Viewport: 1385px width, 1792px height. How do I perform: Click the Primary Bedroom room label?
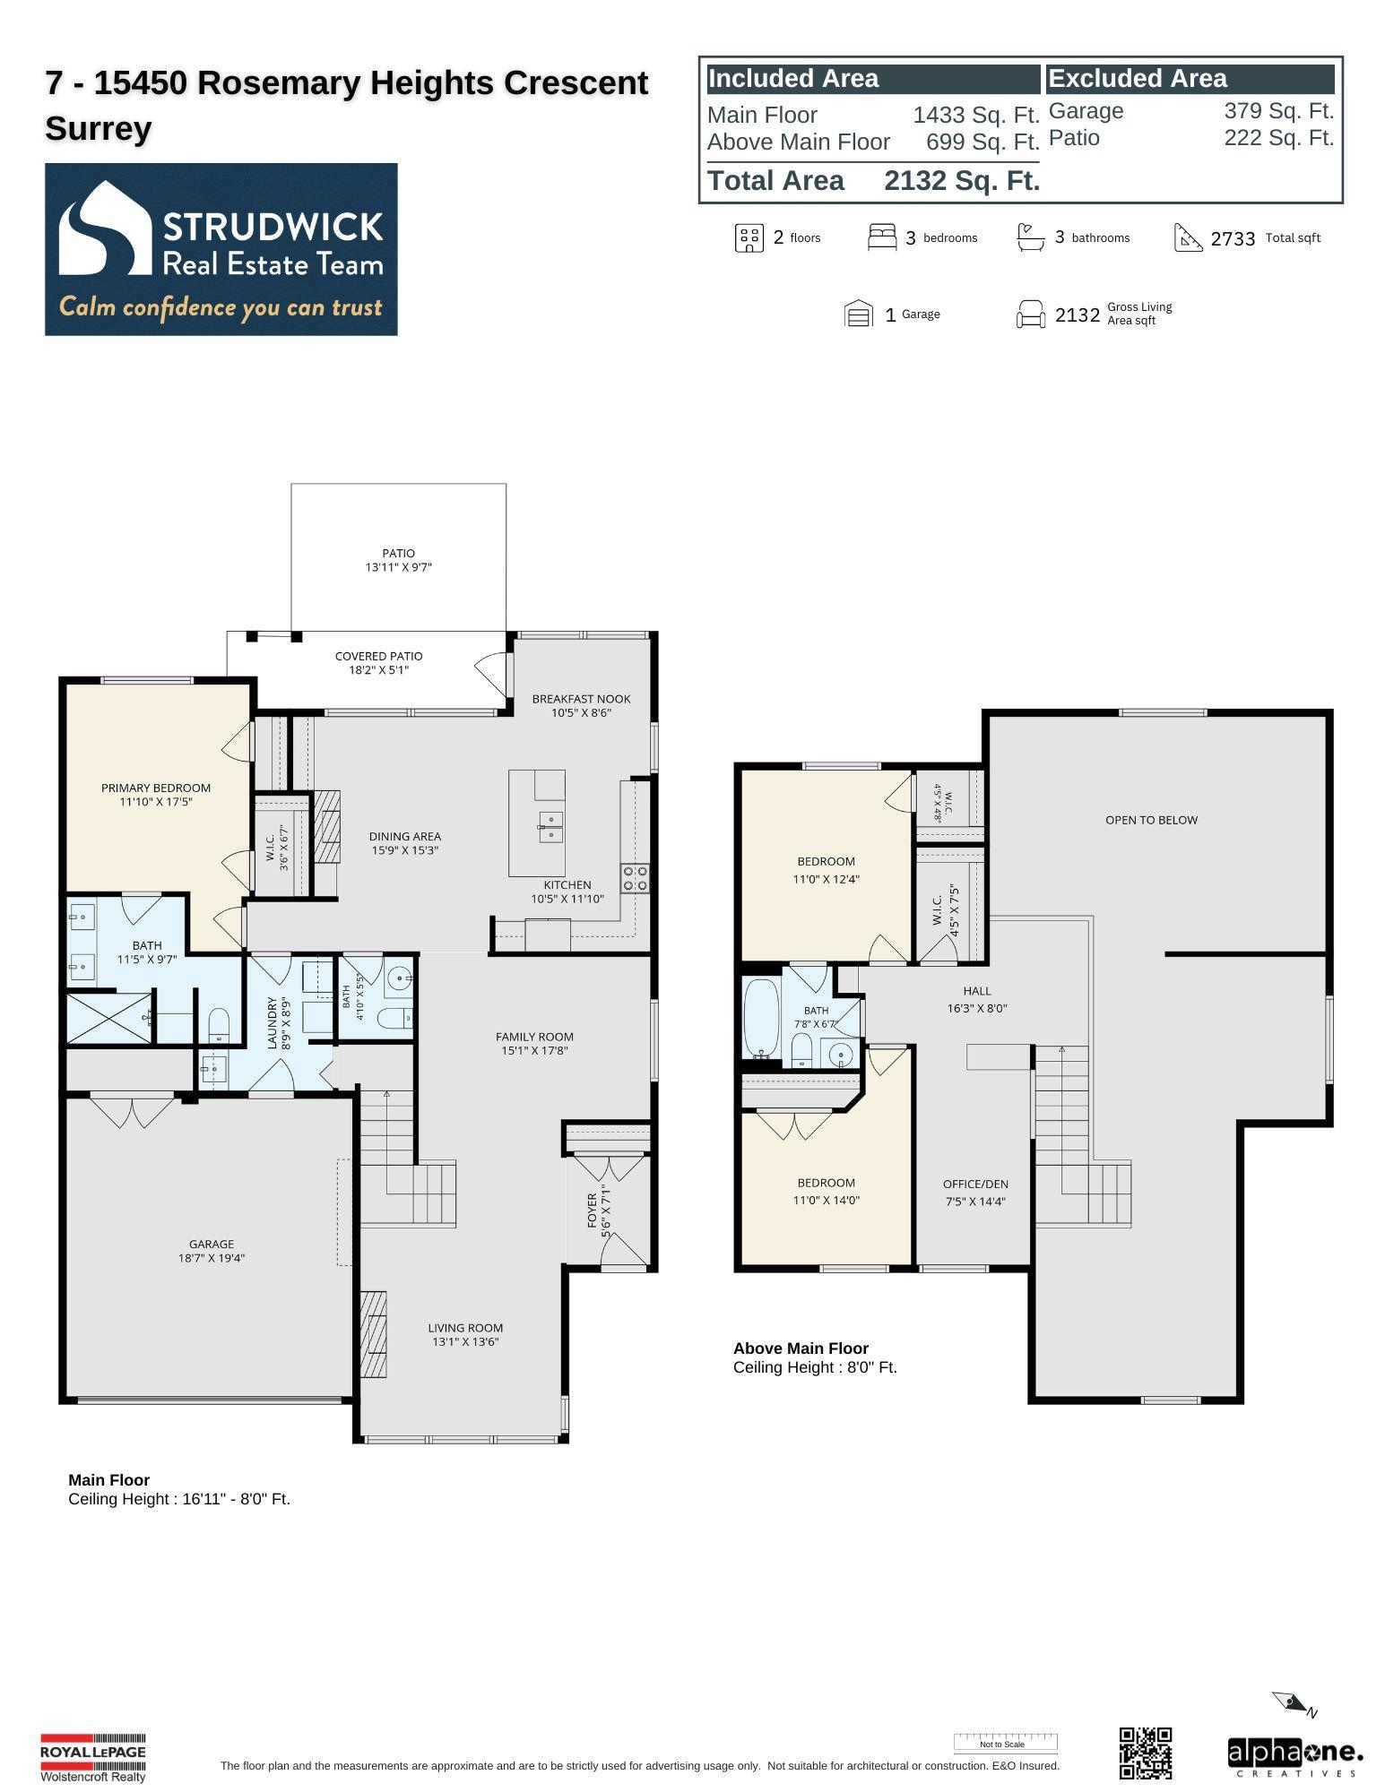(156, 788)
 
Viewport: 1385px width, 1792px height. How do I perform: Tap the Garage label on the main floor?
(212, 1244)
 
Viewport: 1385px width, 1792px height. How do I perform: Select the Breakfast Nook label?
(581, 699)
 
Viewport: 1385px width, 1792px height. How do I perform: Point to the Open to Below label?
(1151, 820)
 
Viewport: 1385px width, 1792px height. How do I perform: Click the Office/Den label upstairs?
(975, 1184)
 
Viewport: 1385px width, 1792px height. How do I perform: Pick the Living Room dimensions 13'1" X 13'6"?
(465, 1341)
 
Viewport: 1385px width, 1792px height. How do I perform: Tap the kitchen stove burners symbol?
(635, 878)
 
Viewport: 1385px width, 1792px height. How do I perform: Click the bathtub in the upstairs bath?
(762, 1019)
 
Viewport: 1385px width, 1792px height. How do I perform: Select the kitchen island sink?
(550, 827)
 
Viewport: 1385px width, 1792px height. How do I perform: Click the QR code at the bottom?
(1145, 1753)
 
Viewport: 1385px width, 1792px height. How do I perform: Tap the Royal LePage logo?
(92, 1757)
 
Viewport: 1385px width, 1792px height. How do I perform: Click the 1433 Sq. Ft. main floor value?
(976, 116)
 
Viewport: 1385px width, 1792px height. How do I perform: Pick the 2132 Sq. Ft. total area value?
(962, 181)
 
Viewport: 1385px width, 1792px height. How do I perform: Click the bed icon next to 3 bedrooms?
(882, 237)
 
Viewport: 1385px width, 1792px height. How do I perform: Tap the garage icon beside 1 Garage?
(859, 314)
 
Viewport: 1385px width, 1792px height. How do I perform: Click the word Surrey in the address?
(99, 129)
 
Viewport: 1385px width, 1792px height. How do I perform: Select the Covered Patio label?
(378, 656)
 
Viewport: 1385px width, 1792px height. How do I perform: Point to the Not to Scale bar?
(1005, 1744)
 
